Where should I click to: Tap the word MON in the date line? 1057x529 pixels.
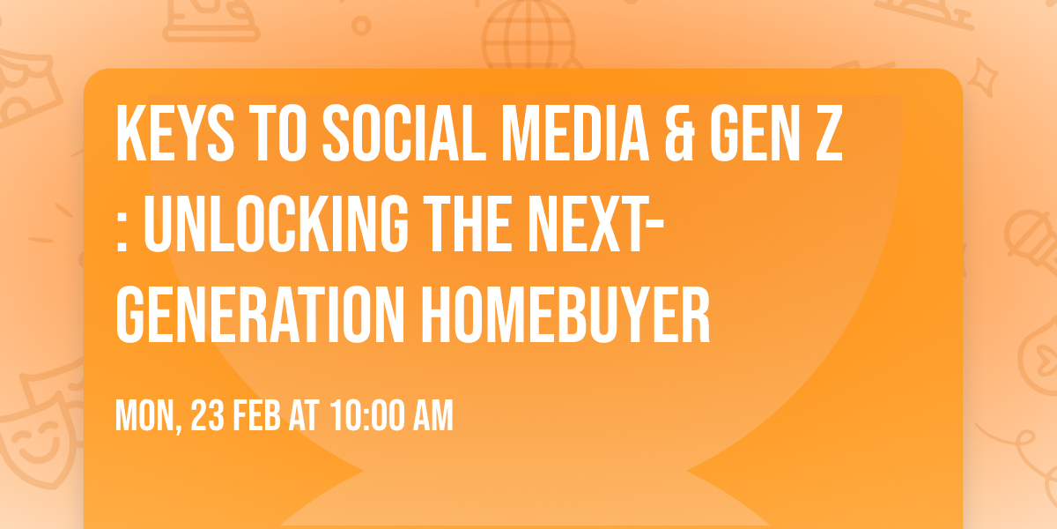click(145, 415)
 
